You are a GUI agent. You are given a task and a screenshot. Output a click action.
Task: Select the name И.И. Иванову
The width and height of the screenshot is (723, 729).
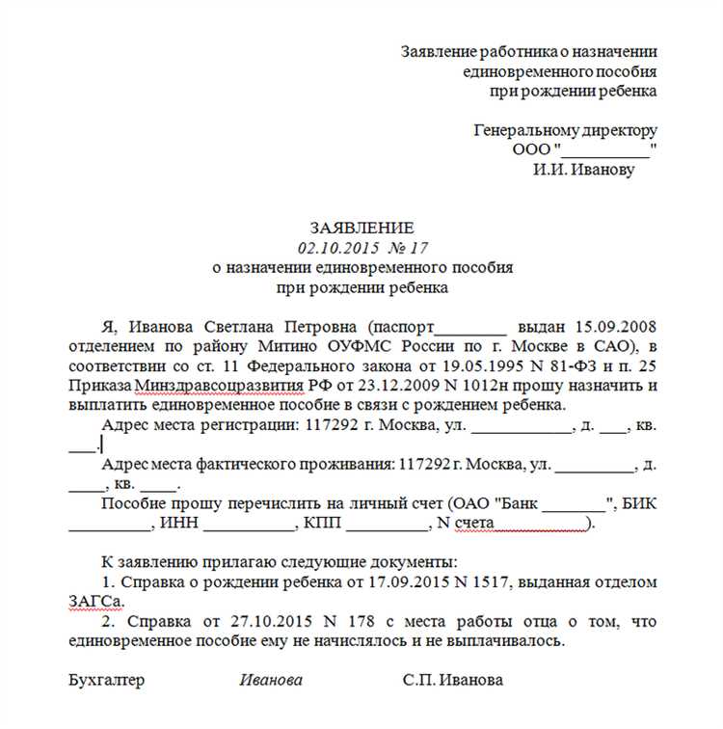tap(584, 169)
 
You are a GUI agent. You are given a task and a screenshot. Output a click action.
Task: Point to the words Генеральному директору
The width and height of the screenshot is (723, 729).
tap(565, 130)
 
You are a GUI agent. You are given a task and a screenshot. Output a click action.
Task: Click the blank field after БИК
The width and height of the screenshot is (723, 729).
tap(109, 526)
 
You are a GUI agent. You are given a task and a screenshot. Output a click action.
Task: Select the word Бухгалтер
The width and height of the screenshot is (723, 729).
tap(107, 680)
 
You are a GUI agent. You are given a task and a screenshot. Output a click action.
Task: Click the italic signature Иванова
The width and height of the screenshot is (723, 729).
tap(271, 680)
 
